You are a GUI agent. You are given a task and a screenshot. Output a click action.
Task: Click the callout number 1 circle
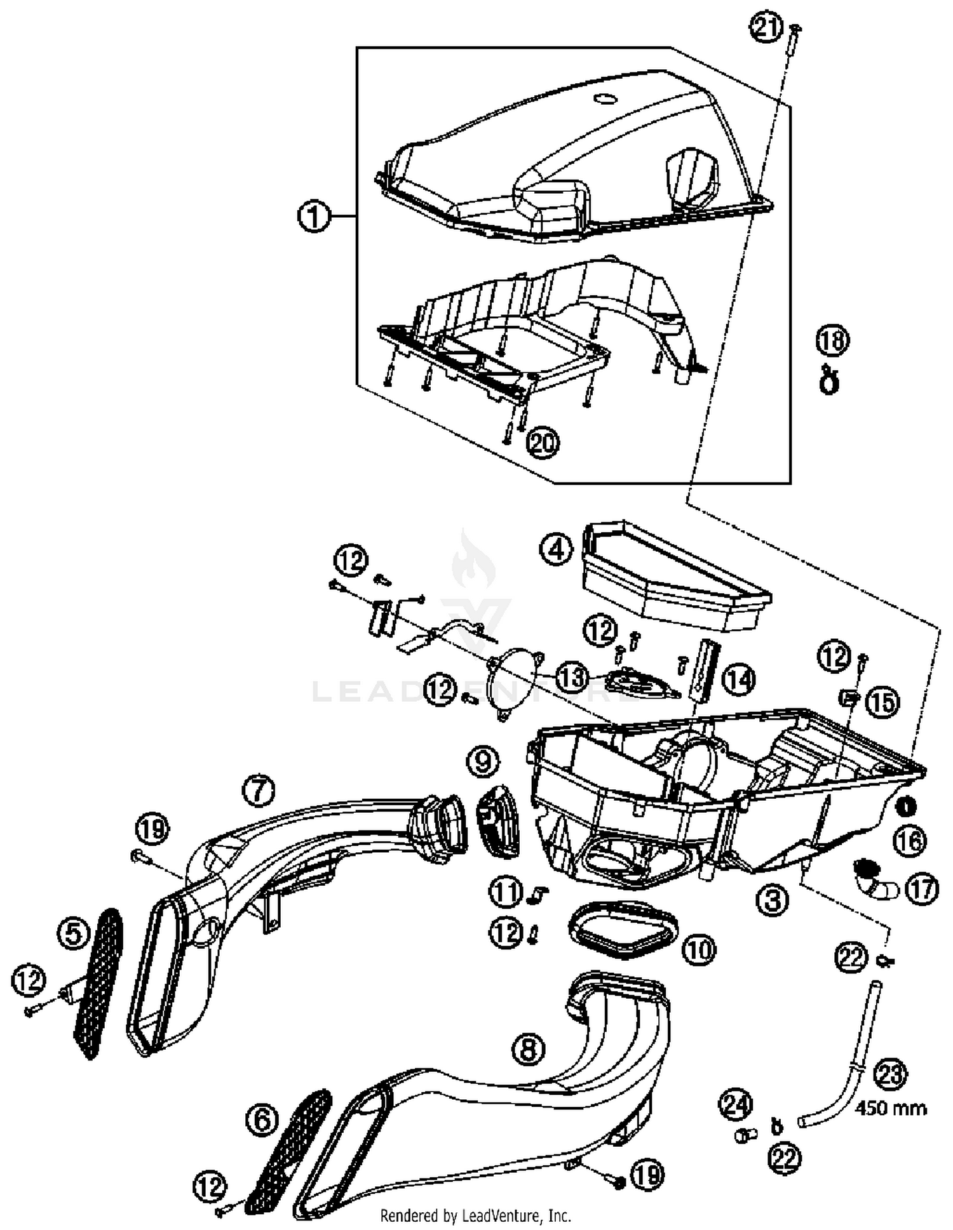pyautogui.click(x=314, y=217)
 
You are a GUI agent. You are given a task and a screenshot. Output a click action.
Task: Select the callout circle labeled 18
pyautogui.click(x=832, y=341)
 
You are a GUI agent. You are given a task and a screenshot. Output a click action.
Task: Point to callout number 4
pyautogui.click(x=556, y=549)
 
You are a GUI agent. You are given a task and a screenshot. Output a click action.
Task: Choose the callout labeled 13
pyautogui.click(x=572, y=678)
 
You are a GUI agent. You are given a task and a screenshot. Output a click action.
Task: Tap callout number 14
pyautogui.click(x=739, y=680)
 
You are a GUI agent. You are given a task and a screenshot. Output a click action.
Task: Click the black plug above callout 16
pyautogui.click(x=905, y=807)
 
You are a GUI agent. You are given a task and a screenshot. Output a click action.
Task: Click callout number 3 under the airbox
pyautogui.click(x=773, y=900)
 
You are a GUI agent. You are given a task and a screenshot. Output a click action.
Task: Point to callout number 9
pyautogui.click(x=483, y=760)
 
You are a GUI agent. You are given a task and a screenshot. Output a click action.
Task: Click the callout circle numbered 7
pyautogui.click(x=259, y=791)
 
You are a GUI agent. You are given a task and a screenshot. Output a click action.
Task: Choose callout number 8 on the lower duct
pyautogui.click(x=529, y=1050)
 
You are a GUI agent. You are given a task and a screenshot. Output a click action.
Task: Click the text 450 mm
pyautogui.click(x=891, y=1109)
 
